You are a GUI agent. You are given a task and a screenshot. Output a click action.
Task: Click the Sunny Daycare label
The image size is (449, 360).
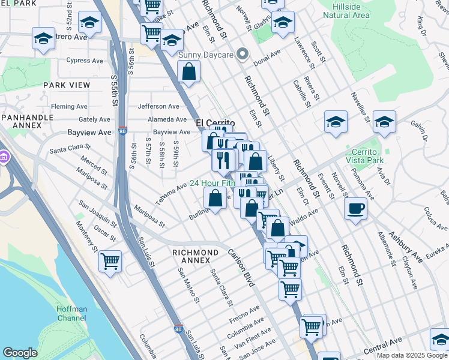(x=206, y=55)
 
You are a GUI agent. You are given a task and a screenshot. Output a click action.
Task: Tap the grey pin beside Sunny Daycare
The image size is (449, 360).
(x=243, y=55)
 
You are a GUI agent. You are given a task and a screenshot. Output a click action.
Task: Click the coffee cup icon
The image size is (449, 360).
(x=356, y=209)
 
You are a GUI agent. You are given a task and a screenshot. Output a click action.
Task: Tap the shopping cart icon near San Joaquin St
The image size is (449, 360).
(x=110, y=261)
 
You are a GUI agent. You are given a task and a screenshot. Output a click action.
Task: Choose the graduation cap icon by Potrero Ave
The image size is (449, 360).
(x=44, y=39)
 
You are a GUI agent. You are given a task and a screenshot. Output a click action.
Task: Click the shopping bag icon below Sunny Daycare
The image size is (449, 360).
(x=189, y=72)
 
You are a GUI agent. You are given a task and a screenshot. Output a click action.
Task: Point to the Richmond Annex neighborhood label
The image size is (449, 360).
(x=195, y=256)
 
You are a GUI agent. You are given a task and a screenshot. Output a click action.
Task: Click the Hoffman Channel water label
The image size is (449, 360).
(x=72, y=313)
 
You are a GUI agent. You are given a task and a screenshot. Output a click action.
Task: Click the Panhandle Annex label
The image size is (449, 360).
(x=22, y=121)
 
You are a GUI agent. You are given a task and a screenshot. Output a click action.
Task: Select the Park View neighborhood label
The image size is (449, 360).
(x=66, y=85)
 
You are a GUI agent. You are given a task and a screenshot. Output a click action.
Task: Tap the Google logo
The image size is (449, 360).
(x=20, y=353)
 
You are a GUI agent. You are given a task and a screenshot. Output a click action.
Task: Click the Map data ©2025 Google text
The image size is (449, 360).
(x=412, y=355)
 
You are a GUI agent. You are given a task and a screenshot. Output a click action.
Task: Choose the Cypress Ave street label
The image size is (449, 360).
(x=85, y=60)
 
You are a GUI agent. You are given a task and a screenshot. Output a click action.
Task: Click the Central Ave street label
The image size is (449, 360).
(x=382, y=345)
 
